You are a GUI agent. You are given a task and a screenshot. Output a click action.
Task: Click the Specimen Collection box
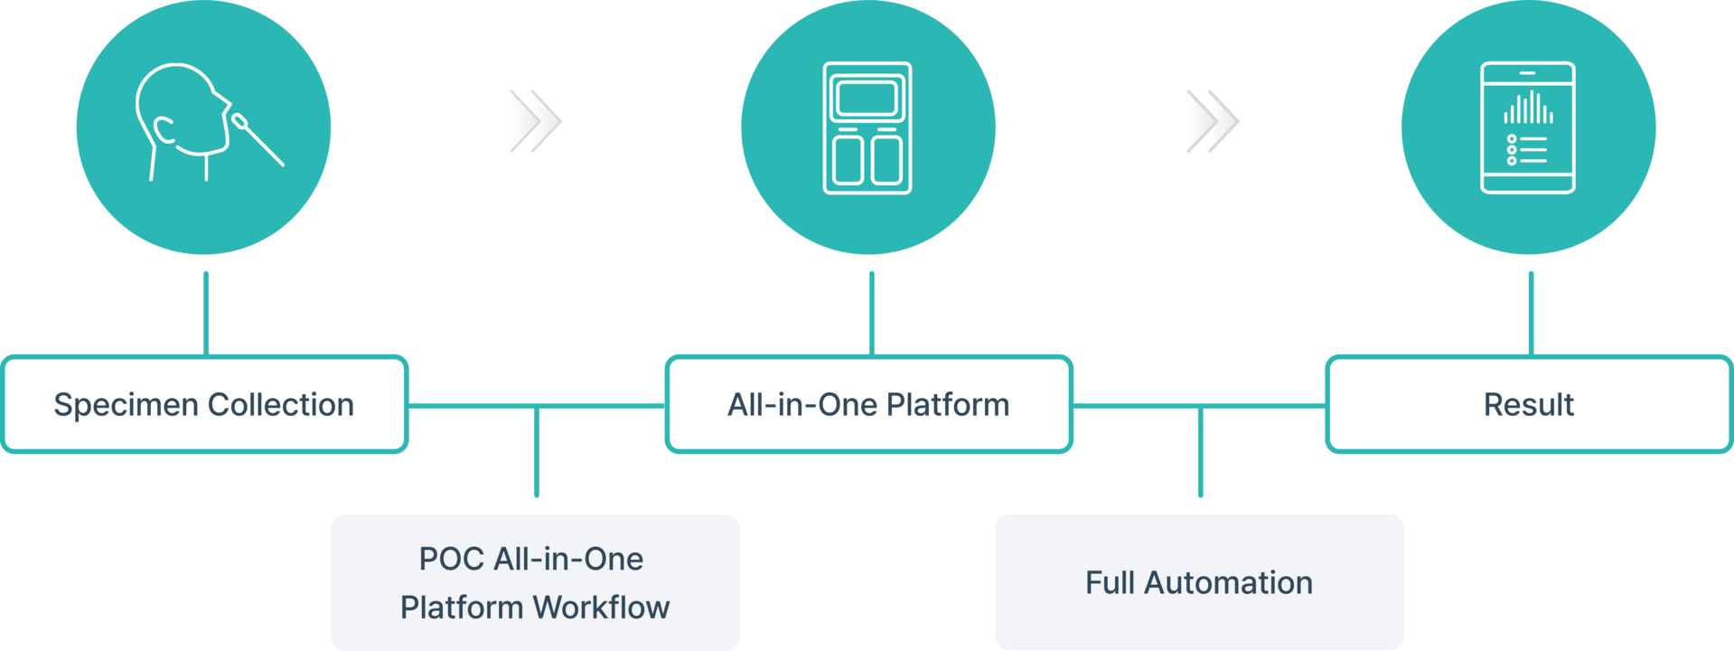(205, 404)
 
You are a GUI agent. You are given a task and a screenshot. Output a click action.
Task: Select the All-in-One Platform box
(868, 404)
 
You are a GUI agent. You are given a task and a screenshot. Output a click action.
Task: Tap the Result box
(1529, 404)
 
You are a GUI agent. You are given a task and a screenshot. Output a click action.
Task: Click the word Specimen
(125, 405)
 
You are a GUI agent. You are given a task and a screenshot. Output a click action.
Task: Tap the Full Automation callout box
(1199, 581)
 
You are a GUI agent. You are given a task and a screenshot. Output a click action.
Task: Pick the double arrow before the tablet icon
(1213, 121)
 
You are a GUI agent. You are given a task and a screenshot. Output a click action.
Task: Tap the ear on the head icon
(164, 130)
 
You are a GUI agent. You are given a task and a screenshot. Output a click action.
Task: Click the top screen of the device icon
(867, 98)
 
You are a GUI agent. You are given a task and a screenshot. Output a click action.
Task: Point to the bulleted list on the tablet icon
(1526, 149)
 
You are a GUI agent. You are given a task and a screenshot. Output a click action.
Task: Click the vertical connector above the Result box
(1530, 311)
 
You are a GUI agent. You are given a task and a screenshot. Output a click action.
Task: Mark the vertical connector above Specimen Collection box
(206, 311)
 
